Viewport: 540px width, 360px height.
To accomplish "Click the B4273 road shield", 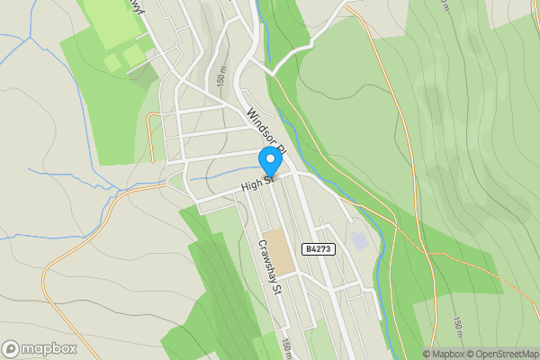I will [319, 249].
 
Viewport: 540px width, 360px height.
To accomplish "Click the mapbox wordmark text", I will [49, 348].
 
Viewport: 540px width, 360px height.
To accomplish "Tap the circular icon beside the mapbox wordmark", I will [11, 348].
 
